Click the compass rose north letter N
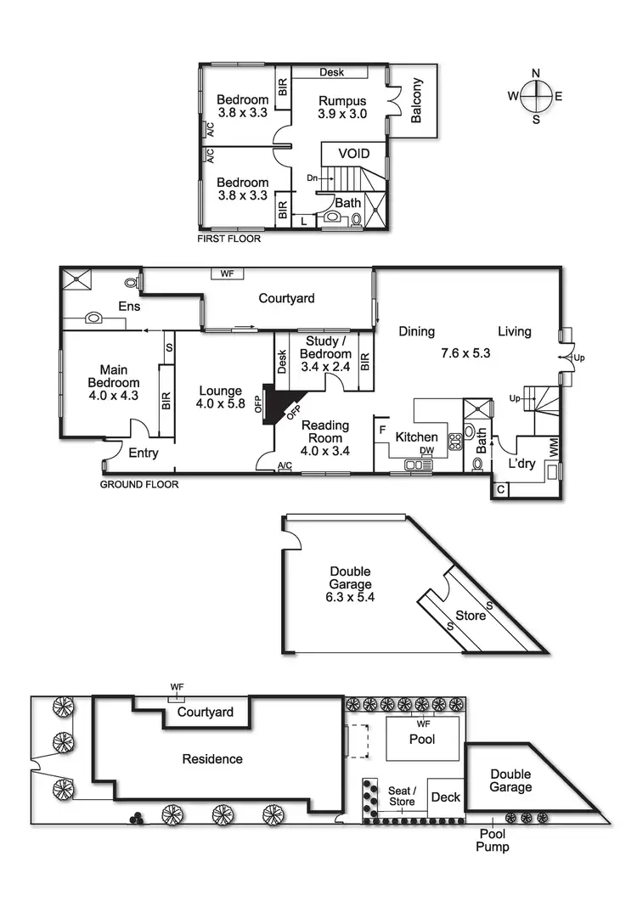pyautogui.click(x=536, y=73)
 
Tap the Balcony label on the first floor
pyautogui.click(x=416, y=100)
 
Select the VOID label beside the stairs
pyautogui.click(x=353, y=154)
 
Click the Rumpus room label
pyautogui.click(x=342, y=101)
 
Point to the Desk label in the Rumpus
pyautogui.click(x=332, y=72)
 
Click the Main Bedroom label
pyautogui.click(x=113, y=376)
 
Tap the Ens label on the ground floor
pyautogui.click(x=129, y=307)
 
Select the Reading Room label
pyautogui.click(x=325, y=431)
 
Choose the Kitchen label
pyautogui.click(x=416, y=437)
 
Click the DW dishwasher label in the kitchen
pyautogui.click(x=426, y=450)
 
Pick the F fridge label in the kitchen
pyautogui.click(x=382, y=431)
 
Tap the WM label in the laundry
pyautogui.click(x=555, y=448)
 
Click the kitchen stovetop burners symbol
pyautogui.click(x=454, y=441)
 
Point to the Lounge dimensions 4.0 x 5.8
pyautogui.click(x=220, y=404)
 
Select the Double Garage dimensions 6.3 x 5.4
pyautogui.click(x=350, y=597)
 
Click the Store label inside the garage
pyautogui.click(x=471, y=616)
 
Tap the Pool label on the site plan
pyautogui.click(x=422, y=740)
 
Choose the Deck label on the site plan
pyautogui.click(x=446, y=797)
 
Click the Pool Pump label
pyautogui.click(x=493, y=841)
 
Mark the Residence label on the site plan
pyautogui.click(x=212, y=759)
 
